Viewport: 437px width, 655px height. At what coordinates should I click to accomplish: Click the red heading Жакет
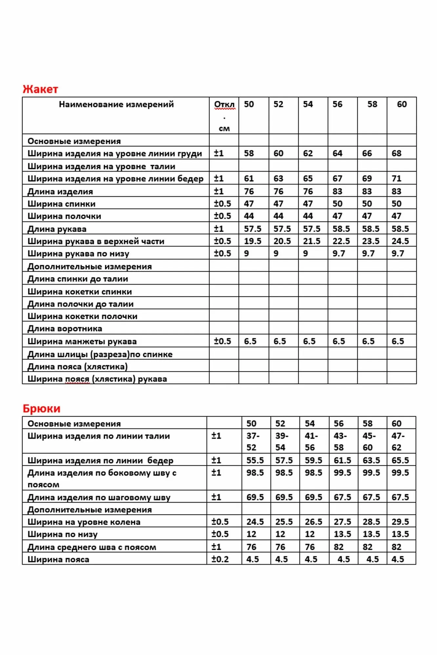tap(40, 89)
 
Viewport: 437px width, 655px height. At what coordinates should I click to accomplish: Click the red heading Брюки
tap(41, 408)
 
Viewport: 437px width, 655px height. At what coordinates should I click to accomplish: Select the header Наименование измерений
tap(116, 104)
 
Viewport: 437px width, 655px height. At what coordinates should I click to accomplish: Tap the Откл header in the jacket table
tap(224, 105)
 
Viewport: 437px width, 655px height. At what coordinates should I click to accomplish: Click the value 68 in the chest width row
tap(396, 153)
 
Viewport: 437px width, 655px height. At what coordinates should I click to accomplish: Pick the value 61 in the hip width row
tap(249, 178)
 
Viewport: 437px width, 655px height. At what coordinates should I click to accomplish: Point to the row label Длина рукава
tap(57, 229)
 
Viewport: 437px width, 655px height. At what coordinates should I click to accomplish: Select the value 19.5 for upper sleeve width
tap(252, 241)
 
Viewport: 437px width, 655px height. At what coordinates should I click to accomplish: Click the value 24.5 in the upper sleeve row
tap(400, 241)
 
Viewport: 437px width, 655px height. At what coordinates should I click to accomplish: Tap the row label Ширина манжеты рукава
tap(82, 341)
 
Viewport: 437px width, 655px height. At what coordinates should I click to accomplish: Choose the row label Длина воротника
tap(65, 328)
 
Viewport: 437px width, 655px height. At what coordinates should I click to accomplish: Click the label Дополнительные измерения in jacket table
tap(89, 267)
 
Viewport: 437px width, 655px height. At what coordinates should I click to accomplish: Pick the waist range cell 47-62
tap(398, 441)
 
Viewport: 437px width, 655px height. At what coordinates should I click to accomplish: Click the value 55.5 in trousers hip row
tap(255, 460)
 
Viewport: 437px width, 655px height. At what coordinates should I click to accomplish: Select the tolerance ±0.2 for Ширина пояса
tap(220, 559)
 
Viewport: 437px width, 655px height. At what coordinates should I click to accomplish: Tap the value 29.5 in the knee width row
tap(400, 522)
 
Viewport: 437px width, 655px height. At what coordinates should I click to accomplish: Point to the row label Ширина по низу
tap(62, 534)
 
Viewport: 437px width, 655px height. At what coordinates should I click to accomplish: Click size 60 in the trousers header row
tap(396, 423)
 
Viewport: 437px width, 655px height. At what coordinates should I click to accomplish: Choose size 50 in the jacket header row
tap(249, 104)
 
